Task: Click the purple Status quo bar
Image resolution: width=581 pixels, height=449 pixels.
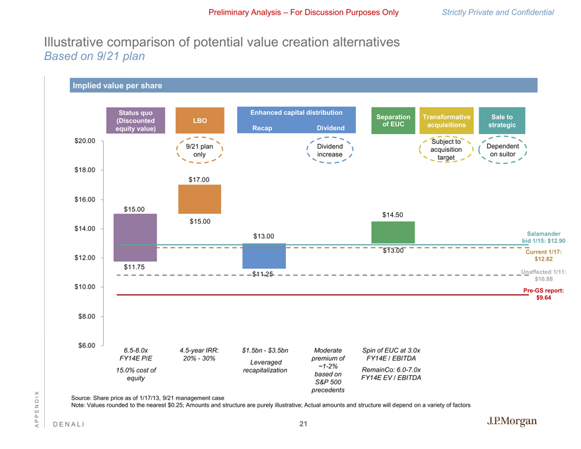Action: point(135,238)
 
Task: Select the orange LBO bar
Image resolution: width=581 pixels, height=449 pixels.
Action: point(199,199)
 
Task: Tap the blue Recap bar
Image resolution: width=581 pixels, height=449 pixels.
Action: point(264,256)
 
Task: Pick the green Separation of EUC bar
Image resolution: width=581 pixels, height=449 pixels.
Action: point(393,232)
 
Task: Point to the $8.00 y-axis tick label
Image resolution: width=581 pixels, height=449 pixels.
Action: point(87,316)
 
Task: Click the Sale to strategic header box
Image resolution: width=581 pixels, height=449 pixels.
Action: point(502,121)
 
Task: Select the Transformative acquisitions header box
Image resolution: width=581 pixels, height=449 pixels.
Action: point(447,121)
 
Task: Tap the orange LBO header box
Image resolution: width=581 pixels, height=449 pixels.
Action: point(199,121)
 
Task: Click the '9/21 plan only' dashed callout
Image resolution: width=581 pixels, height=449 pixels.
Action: point(199,150)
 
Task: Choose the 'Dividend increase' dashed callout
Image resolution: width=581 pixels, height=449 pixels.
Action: point(329,150)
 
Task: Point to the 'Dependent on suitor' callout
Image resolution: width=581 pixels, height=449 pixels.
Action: point(502,150)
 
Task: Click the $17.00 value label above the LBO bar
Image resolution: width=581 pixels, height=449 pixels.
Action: point(199,180)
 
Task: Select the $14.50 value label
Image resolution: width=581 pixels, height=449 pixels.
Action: point(393,214)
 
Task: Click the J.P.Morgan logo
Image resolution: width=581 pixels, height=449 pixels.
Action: point(511,421)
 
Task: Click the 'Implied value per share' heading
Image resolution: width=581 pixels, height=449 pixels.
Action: point(116,86)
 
